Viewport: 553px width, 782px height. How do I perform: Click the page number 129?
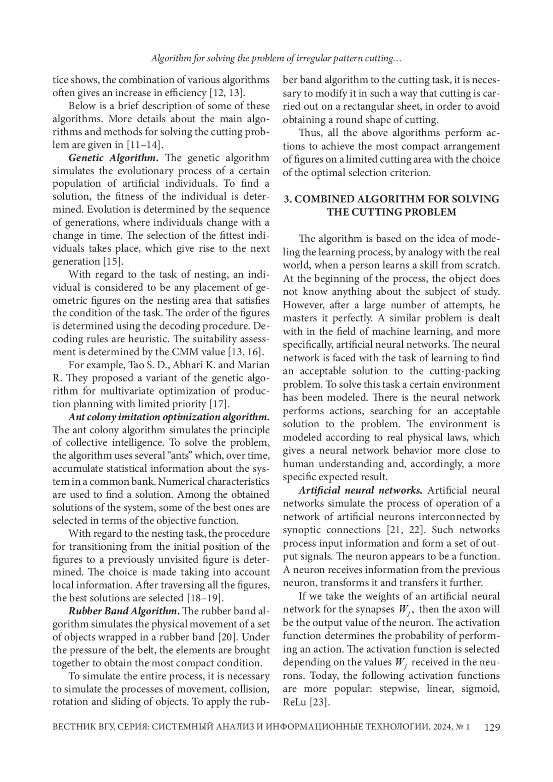(x=492, y=728)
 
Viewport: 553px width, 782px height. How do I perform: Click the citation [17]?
(x=219, y=404)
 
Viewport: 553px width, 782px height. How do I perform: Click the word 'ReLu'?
(x=294, y=702)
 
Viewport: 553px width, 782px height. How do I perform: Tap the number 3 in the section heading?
(x=287, y=199)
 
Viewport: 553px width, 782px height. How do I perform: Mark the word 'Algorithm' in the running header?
(x=172, y=59)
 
